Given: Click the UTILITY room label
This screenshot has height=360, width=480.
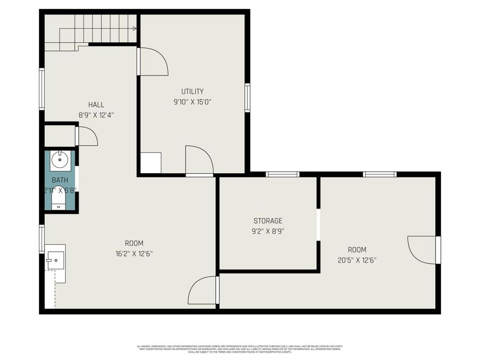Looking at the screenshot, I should [x=192, y=92].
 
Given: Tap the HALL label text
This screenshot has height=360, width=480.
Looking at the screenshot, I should [x=96, y=105].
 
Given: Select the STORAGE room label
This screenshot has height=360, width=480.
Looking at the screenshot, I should [x=268, y=221].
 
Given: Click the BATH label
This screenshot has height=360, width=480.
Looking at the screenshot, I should [x=60, y=180].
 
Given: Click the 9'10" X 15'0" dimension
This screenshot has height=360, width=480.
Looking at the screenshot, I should [x=192, y=102].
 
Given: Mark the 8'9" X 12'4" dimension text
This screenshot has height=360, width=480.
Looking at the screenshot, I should [x=96, y=115].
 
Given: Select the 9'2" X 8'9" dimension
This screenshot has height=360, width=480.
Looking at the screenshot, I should [x=268, y=231].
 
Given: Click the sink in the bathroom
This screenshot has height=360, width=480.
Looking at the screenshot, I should [x=60, y=158].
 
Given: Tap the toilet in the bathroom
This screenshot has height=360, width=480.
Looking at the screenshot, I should [x=58, y=199].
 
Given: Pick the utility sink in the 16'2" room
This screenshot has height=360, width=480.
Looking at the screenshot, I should [x=55, y=261].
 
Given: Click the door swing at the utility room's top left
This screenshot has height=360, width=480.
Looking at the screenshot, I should [x=154, y=61].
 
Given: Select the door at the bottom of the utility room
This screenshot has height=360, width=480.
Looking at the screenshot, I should [x=198, y=159].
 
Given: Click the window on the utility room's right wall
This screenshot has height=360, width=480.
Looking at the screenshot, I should [x=247, y=98].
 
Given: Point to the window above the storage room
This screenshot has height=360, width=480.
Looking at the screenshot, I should [x=282, y=174].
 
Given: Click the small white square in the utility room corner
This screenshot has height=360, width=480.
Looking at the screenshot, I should [x=150, y=163].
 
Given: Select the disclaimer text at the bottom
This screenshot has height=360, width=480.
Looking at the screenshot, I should [x=240, y=349].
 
